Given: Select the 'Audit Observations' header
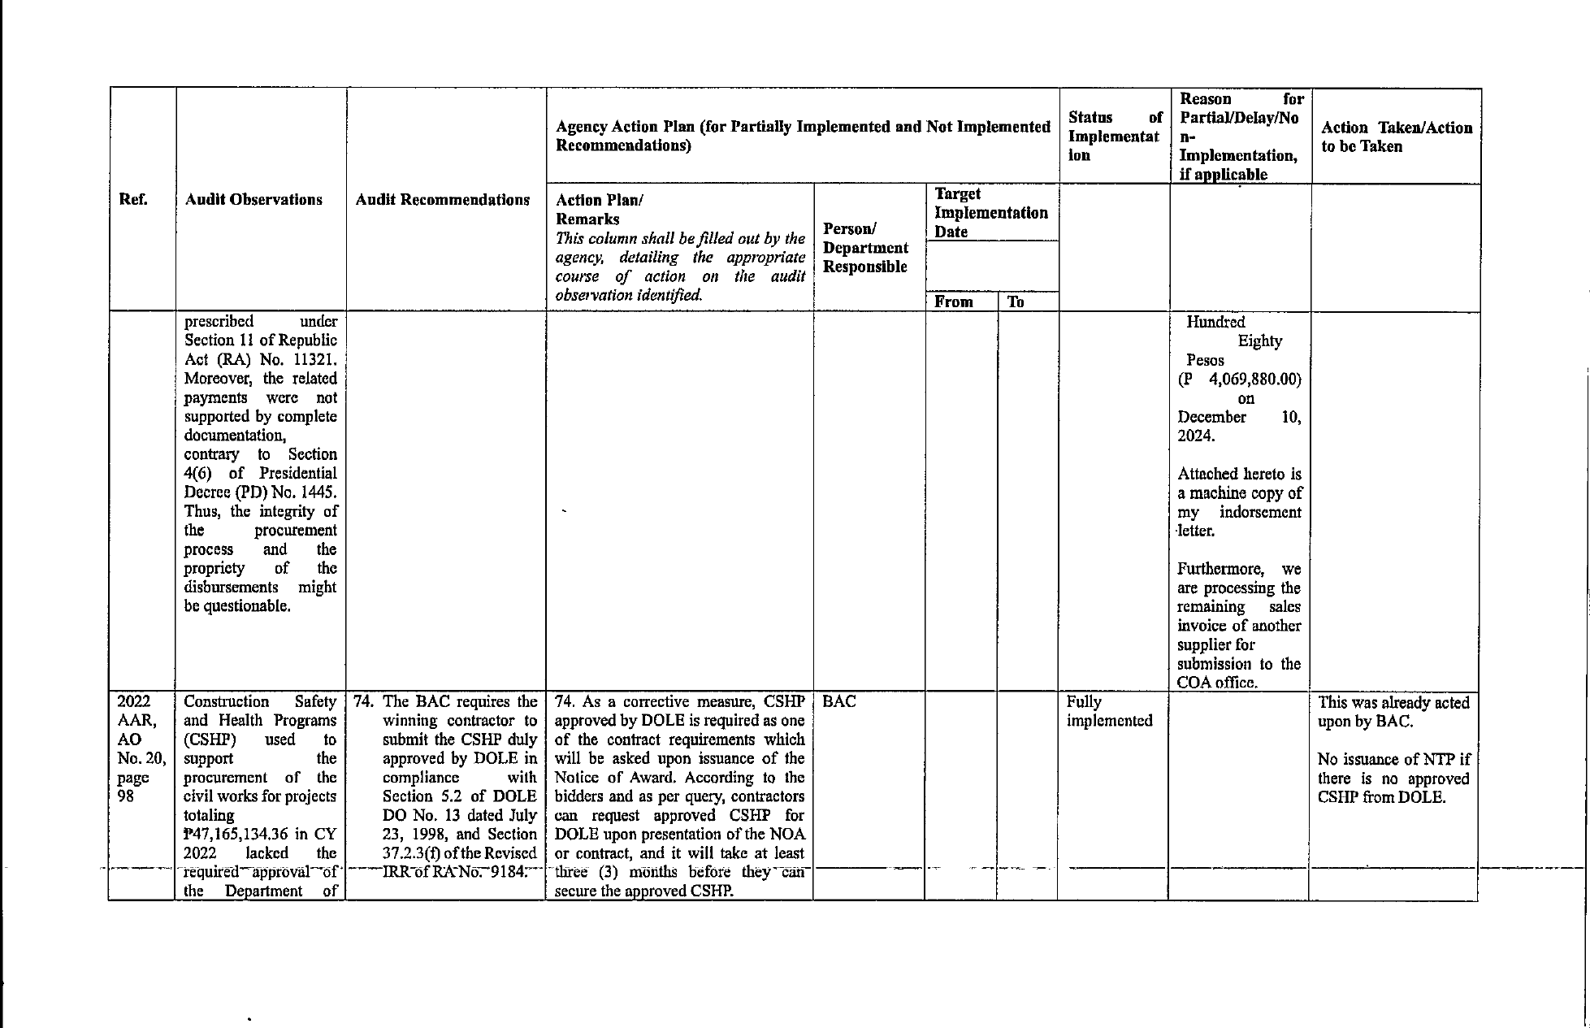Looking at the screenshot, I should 253,200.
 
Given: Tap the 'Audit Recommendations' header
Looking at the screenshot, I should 443,200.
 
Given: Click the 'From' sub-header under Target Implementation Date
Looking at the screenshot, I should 954,301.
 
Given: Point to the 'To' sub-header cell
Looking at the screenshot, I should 1016,301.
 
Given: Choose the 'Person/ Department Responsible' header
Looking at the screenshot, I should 865,248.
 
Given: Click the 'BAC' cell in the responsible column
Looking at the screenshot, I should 839,702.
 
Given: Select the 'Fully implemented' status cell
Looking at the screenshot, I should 1109,711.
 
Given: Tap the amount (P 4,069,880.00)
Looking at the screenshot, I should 1240,380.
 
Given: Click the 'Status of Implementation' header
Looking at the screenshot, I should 1115,137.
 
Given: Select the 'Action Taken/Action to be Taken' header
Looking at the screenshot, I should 1396,137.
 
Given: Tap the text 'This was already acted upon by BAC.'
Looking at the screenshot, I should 1393,711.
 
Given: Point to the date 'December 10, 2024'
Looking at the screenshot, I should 1238,427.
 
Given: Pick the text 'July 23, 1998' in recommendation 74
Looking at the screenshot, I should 460,825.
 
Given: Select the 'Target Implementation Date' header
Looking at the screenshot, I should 990,213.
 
